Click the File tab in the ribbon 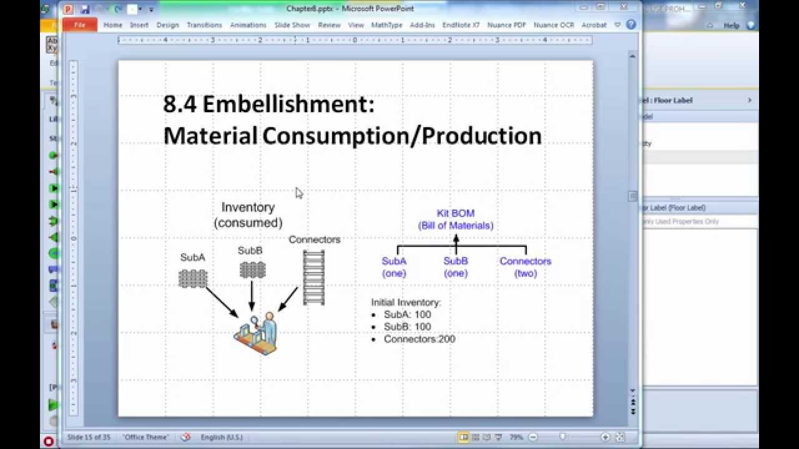click(x=80, y=25)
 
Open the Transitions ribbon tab click(x=204, y=25)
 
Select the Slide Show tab click(x=292, y=25)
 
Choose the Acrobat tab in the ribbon click(x=594, y=25)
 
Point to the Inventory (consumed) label click(x=248, y=215)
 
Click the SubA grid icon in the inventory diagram click(x=193, y=278)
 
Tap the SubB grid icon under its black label click(x=252, y=270)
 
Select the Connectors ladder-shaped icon click(x=314, y=278)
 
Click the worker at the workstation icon click(x=257, y=334)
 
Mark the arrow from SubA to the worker click(x=222, y=302)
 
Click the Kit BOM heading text click(x=456, y=213)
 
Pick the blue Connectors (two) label click(x=525, y=267)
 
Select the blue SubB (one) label click(x=456, y=267)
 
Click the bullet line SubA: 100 click(x=407, y=314)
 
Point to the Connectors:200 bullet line click(x=419, y=339)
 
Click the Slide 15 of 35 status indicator click(x=89, y=437)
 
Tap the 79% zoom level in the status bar click(x=516, y=437)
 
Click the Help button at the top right click(x=731, y=26)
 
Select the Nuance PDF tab click(x=506, y=25)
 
